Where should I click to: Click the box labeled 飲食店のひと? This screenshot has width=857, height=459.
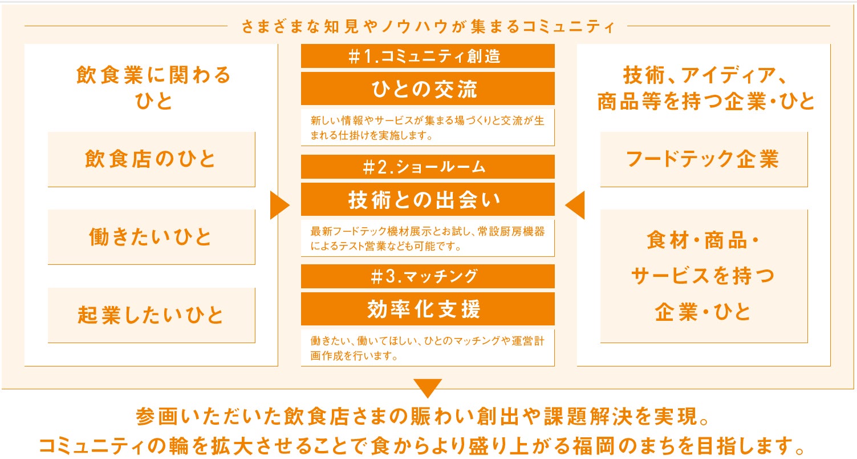click(151, 159)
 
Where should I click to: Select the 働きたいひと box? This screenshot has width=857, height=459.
click(151, 237)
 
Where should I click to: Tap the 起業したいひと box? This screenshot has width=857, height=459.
click(151, 315)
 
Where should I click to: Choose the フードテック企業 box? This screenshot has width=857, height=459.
click(703, 159)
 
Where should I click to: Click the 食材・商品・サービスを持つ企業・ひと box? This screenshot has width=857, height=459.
click(703, 276)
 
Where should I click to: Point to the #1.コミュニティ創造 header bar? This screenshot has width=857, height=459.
click(428, 56)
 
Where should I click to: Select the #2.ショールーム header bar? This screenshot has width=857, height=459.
click(428, 167)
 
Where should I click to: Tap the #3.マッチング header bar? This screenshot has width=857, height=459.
click(428, 276)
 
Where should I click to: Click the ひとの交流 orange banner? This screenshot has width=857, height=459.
click(428, 89)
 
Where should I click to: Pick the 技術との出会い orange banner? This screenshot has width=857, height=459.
click(428, 200)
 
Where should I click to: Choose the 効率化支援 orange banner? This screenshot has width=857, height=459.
click(428, 309)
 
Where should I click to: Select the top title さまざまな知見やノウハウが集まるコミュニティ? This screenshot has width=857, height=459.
click(428, 26)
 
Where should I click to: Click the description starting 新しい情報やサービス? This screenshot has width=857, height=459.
click(428, 128)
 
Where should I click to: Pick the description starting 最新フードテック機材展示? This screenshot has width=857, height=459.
click(428, 239)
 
